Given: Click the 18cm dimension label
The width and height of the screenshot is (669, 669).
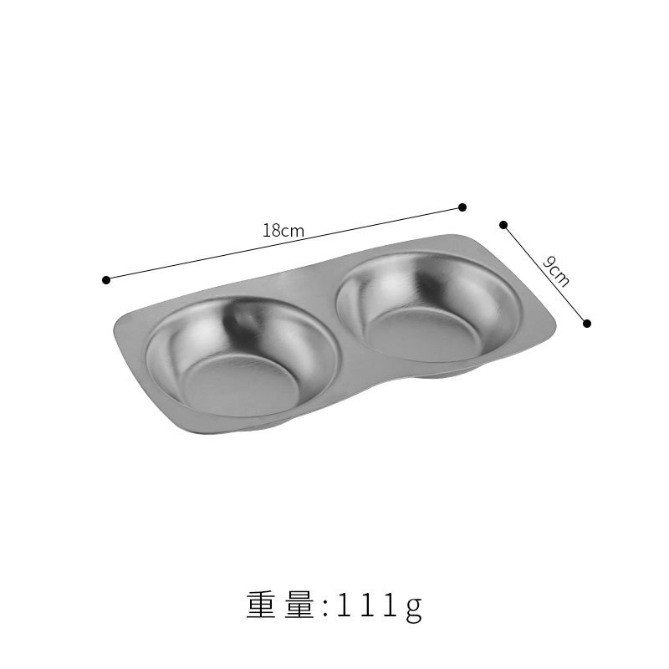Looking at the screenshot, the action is (283, 231).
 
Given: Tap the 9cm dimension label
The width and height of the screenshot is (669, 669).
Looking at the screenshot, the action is (556, 272).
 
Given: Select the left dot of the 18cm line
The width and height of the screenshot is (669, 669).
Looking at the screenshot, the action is (106, 280).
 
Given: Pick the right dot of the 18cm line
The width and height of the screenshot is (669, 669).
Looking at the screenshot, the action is (462, 207).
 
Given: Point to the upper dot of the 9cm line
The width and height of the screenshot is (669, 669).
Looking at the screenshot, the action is (503, 225).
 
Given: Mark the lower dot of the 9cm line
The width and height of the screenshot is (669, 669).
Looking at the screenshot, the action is (587, 324).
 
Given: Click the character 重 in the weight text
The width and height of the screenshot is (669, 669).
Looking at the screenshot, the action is (262, 605).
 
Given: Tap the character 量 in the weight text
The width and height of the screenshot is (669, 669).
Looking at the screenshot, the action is (300, 605).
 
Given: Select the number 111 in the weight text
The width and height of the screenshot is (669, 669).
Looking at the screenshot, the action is (367, 605).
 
